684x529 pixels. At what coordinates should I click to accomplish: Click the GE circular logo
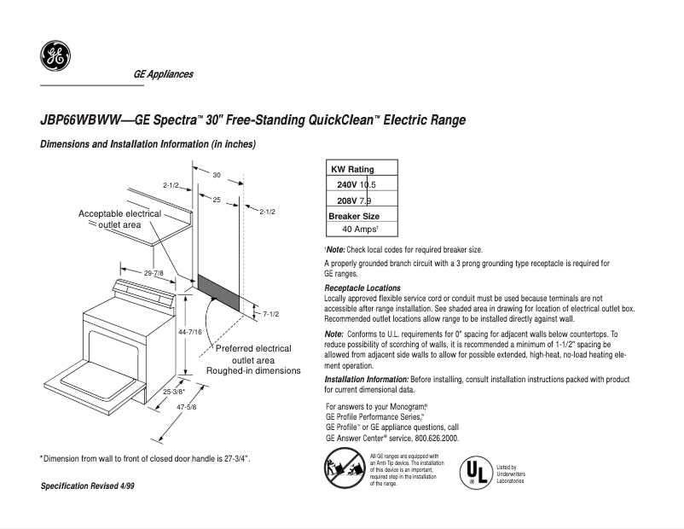click(x=55, y=56)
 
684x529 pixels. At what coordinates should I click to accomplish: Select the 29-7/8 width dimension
click(x=154, y=273)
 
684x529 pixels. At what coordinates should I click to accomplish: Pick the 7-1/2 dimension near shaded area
click(x=271, y=314)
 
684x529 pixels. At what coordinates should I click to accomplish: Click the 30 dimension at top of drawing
click(x=217, y=175)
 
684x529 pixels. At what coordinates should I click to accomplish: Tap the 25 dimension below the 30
click(x=217, y=199)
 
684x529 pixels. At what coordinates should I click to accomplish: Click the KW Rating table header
click(x=351, y=169)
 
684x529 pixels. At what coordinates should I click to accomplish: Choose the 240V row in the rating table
click(x=356, y=184)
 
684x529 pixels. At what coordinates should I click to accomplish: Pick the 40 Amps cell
click(x=360, y=230)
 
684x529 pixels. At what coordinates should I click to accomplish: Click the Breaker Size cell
click(x=354, y=215)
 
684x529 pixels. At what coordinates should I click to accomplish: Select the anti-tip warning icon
click(x=339, y=468)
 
